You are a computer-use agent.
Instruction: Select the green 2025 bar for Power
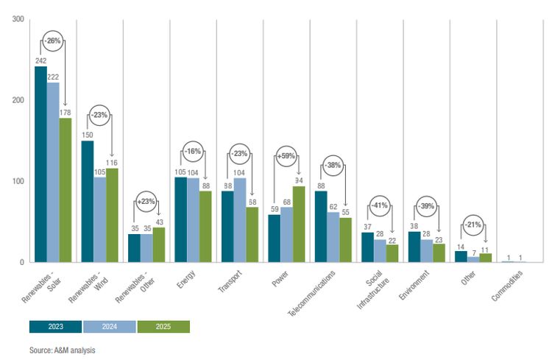tap(298, 225)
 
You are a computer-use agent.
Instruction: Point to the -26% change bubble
tap(53, 40)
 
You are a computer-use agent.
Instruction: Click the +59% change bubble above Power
tap(286, 155)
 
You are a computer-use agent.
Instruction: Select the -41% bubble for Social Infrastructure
tap(380, 205)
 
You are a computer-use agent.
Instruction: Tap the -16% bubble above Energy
tap(194, 152)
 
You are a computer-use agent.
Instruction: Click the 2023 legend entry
tap(55, 327)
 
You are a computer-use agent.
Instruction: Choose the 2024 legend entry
tap(110, 327)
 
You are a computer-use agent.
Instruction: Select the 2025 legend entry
tap(163, 327)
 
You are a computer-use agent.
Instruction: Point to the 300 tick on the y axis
tap(17, 19)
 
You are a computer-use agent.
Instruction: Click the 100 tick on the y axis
tap(17, 181)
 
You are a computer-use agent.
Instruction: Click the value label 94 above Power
tap(299, 180)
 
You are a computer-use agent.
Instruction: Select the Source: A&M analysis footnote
tap(63, 350)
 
